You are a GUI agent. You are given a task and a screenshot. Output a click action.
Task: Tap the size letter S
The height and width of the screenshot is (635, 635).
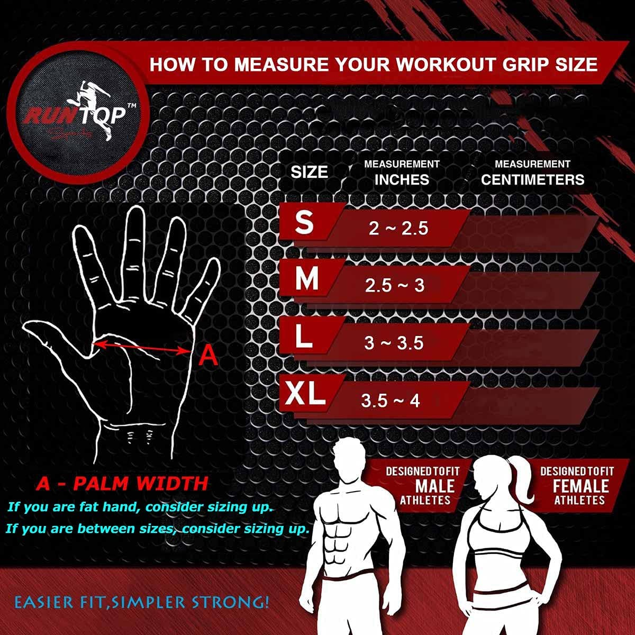pos(304,222)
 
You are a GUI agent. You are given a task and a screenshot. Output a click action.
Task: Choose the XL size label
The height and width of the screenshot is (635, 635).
pos(305,394)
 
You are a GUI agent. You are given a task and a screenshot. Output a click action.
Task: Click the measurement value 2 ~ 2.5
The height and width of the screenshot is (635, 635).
pos(398,228)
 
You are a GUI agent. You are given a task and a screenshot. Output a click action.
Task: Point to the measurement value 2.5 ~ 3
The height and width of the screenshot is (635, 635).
pos(395,286)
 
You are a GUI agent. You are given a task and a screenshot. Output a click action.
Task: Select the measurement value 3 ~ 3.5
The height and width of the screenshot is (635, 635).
pos(394,343)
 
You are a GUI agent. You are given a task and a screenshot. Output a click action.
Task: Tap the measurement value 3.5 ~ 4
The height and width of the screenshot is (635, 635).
pos(391,401)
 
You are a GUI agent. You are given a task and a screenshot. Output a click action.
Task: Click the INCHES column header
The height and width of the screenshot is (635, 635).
pos(402,179)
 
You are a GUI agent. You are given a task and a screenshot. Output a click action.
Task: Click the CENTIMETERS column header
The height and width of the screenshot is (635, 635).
pos(532,179)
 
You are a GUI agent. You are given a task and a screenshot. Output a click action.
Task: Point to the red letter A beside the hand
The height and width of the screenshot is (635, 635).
pos(208,356)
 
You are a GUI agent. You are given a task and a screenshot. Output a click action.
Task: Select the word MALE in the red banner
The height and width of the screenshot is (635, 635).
pos(435,486)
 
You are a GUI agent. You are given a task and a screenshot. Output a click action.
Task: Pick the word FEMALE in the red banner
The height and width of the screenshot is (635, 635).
pos(581,486)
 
